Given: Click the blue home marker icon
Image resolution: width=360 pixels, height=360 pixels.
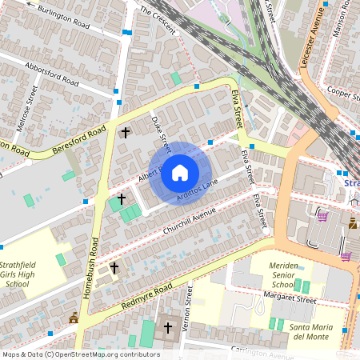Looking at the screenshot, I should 180,173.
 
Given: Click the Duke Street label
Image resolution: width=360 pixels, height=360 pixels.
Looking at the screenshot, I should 162,133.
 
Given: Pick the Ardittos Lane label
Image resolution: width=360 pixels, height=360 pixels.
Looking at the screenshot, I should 197,190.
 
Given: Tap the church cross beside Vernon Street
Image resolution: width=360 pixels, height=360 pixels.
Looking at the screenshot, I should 167,327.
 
